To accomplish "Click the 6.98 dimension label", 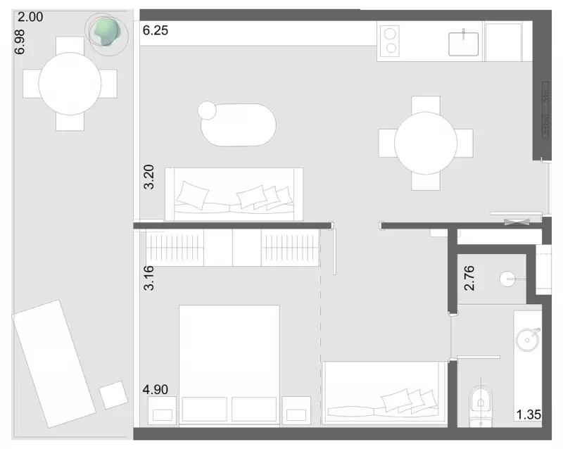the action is [20, 42].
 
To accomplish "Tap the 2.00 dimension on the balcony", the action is [30, 17].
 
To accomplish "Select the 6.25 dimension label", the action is [155, 30].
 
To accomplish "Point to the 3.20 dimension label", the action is [148, 177].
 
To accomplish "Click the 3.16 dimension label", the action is [148, 278].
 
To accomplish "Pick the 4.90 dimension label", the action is [155, 389].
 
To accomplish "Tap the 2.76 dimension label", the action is [469, 278].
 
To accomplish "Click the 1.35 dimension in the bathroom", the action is [529, 415].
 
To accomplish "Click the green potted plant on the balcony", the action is [106, 32].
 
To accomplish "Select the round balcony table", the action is [70, 84].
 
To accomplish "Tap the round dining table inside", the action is [426, 143].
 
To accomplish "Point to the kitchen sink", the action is [463, 44].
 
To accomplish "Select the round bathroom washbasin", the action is [527, 339].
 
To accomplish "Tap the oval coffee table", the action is [239, 125].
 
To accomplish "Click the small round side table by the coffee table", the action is [207, 110].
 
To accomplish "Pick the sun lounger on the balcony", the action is [54, 364].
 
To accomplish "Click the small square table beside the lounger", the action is [113, 395].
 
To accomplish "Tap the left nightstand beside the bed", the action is [163, 410].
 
